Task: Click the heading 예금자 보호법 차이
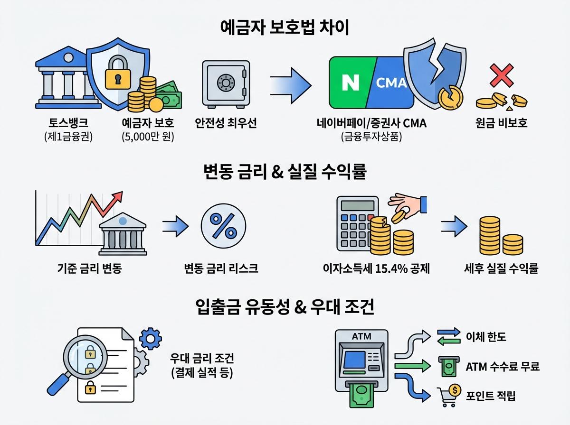[285, 28]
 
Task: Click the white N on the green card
[351, 83]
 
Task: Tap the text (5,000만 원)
[148, 138]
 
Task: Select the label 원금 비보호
[502, 123]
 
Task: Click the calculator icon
[354, 223]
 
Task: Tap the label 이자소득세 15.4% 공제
[375, 269]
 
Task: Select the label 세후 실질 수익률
[501, 269]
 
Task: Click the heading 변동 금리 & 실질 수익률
[285, 172]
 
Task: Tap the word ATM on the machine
[361, 336]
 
